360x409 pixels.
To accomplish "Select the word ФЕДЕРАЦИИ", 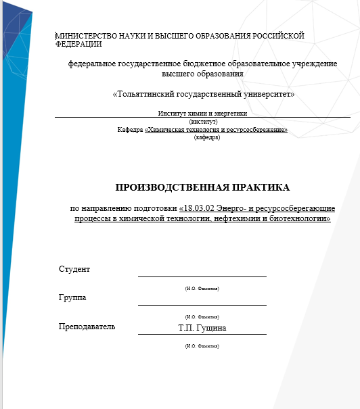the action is click(78, 45).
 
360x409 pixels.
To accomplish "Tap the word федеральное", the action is click(91, 64).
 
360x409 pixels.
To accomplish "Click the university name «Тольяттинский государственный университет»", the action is click(203, 94).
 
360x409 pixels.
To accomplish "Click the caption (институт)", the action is click(203, 122).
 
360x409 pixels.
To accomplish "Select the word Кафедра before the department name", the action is click(130, 129).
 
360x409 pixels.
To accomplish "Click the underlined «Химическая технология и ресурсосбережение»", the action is click(216, 129).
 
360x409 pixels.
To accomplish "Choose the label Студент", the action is click(74, 269).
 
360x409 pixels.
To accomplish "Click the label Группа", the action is click(72, 297).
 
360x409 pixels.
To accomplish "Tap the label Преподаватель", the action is click(87, 327).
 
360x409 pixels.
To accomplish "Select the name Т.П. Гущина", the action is click(202, 329).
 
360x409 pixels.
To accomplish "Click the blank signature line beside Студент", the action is click(202, 276).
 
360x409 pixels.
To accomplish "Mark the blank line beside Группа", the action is click(202, 304).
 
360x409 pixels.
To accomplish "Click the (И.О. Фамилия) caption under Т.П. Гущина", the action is click(202, 345).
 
